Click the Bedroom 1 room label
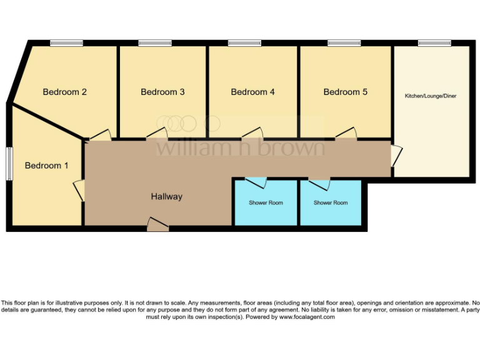(47, 166)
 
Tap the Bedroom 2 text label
(64, 92)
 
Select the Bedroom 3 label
(162, 92)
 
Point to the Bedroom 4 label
(252, 92)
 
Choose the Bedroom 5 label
(345, 92)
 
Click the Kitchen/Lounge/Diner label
(431, 96)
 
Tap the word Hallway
(166, 196)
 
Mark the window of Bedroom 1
(9, 164)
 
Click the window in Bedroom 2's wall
(67, 43)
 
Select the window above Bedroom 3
(156, 43)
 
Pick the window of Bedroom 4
(245, 43)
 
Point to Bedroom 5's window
(344, 43)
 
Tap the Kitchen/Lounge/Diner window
(435, 43)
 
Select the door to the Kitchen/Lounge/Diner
(397, 156)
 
